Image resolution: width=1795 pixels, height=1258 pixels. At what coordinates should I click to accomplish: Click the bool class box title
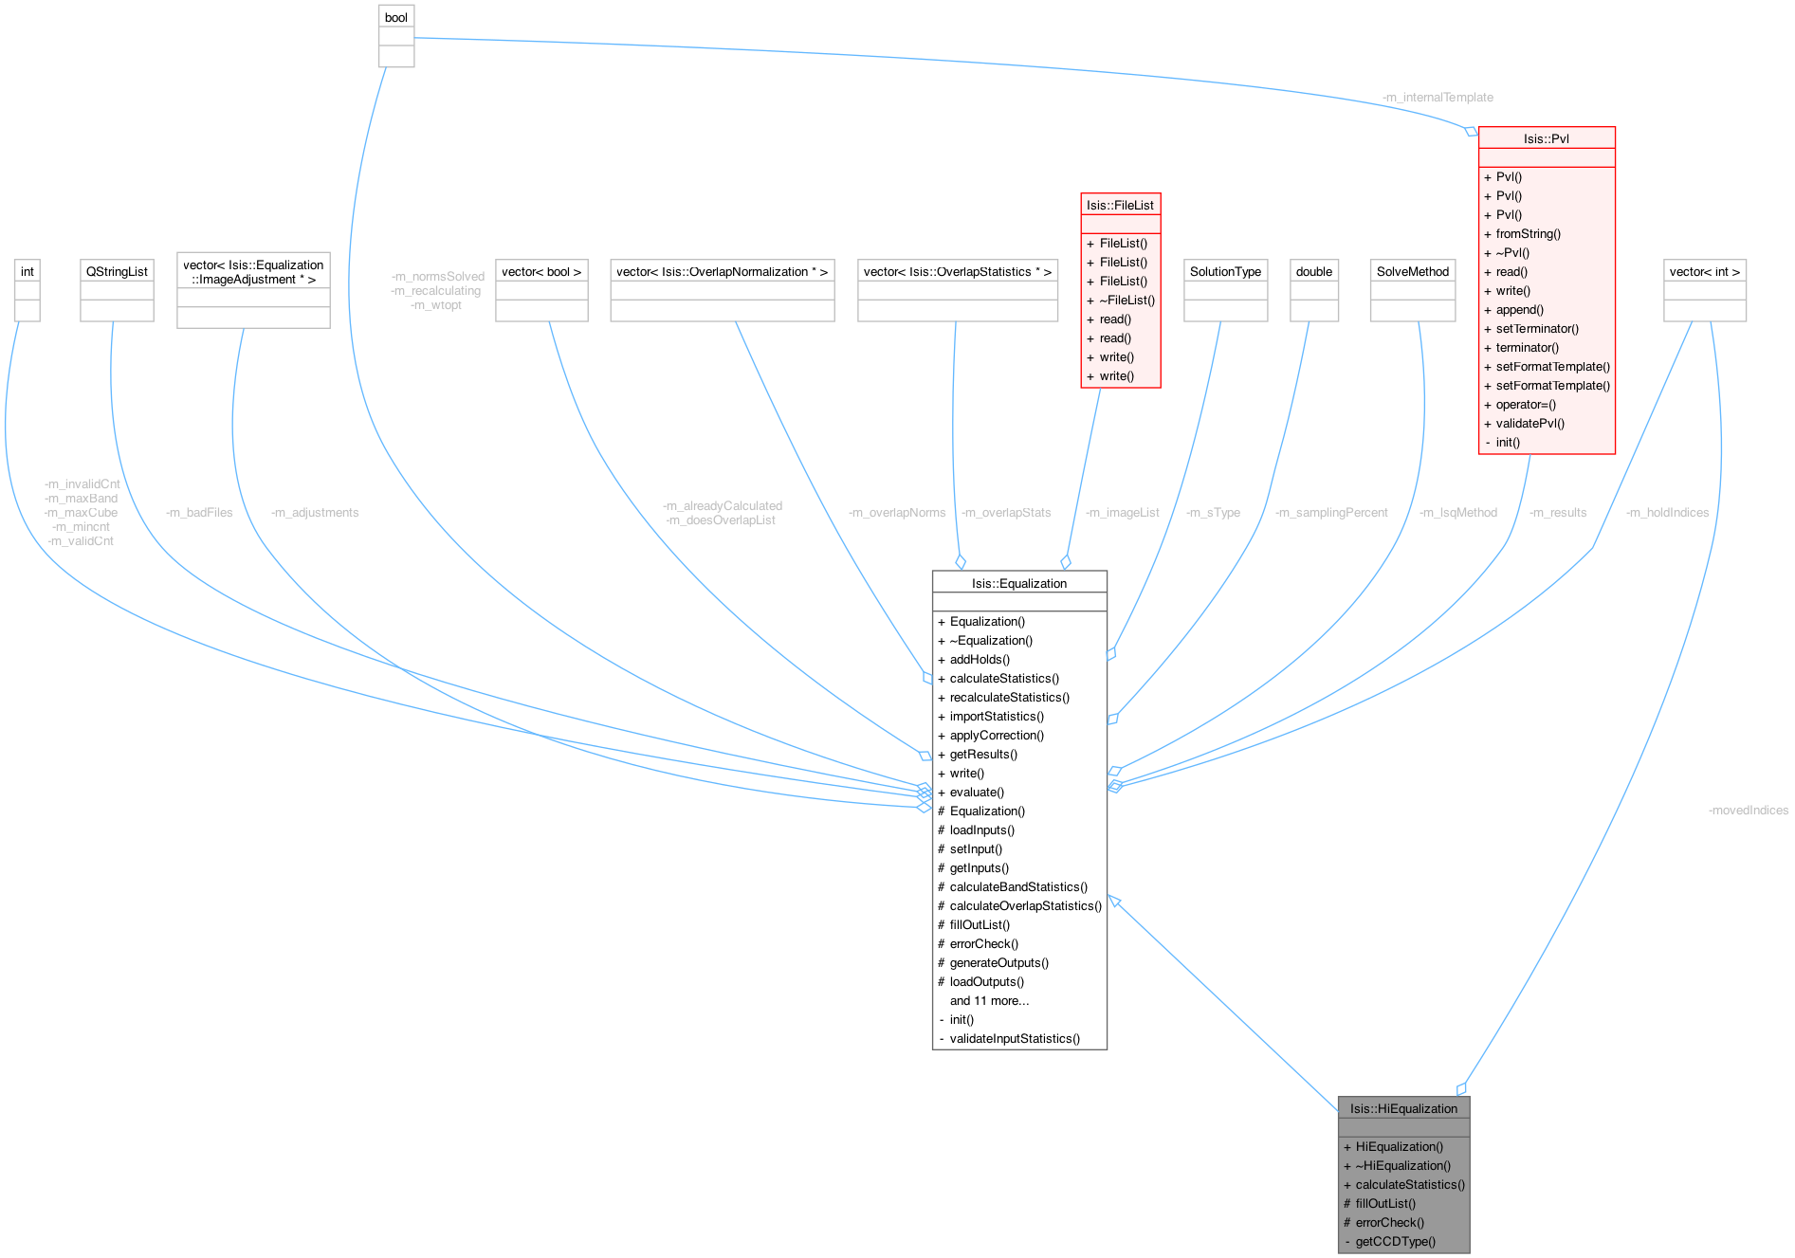[x=396, y=18]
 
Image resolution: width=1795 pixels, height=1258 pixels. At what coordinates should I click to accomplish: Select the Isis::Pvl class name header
[x=1546, y=138]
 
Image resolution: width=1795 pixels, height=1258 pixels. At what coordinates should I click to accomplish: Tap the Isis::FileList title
[x=1120, y=205]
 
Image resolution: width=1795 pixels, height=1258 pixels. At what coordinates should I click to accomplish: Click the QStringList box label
[x=117, y=271]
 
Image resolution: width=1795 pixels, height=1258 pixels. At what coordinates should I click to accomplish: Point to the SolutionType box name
[x=1225, y=271]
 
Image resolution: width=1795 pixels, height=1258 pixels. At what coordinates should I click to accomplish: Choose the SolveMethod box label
[x=1413, y=271]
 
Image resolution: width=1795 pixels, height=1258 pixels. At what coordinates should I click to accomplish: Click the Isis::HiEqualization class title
[x=1403, y=1108]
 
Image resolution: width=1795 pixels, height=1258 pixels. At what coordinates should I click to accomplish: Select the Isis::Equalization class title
[x=1018, y=583]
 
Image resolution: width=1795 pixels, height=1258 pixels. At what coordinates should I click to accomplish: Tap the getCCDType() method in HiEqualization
[x=1395, y=1241]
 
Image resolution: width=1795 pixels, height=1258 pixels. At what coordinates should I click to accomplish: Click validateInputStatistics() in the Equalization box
[x=1015, y=1038]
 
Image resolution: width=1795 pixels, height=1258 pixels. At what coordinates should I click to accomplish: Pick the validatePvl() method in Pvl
[x=1529, y=423]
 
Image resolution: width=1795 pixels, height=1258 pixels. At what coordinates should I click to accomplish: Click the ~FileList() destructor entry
[x=1126, y=300]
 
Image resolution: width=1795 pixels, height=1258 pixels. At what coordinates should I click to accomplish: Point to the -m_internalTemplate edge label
[x=1438, y=98]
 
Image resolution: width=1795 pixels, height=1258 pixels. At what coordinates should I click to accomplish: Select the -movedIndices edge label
[x=1748, y=811]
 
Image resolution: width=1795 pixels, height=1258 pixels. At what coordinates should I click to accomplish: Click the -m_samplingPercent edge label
[x=1331, y=513]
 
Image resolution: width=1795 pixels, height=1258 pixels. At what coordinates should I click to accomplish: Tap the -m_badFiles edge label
[x=199, y=513]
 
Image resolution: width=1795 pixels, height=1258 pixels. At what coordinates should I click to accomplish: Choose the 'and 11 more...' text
[x=989, y=1000]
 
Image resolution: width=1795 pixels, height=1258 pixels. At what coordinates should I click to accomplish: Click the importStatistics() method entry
[x=997, y=716]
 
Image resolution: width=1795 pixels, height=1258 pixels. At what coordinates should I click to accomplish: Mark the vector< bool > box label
[x=541, y=271]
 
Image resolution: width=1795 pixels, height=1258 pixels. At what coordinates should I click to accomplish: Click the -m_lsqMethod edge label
[x=1458, y=513]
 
